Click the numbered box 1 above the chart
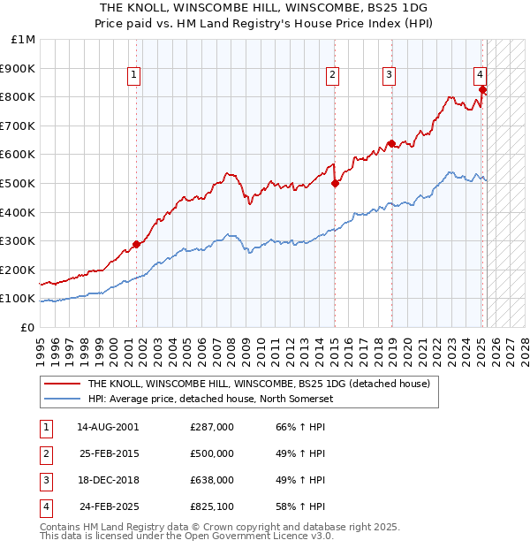pos(132,76)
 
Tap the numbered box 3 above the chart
pos(389,76)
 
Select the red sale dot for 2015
pos(335,183)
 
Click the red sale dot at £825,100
pos(482,89)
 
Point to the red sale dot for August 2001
pos(136,245)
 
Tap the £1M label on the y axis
pos(24,40)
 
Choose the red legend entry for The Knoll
pos(259,384)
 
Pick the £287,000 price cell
pos(212,427)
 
